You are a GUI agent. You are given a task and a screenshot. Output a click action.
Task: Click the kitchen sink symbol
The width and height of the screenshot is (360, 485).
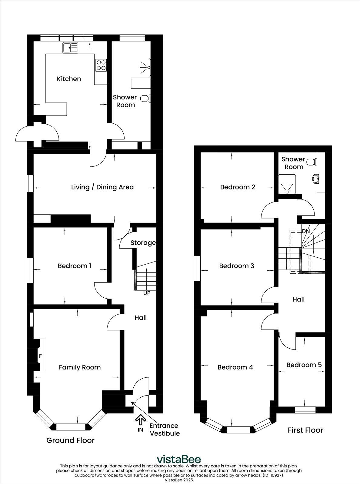[x=70, y=48]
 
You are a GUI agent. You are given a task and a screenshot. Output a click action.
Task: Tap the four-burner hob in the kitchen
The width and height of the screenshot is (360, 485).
[x=101, y=65]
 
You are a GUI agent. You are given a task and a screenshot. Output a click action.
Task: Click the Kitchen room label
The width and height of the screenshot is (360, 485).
[x=69, y=79]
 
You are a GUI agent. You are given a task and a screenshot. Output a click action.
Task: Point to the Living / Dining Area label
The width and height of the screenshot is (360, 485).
[x=102, y=187]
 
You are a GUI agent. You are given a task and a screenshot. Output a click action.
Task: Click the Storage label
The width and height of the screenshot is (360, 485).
[x=143, y=242]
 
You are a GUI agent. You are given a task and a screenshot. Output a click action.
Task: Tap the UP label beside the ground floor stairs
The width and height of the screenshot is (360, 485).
[x=147, y=293]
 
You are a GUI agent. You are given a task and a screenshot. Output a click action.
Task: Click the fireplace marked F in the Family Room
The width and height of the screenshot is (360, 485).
[x=41, y=355]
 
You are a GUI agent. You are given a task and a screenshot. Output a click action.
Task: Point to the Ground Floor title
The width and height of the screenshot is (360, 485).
[x=70, y=440]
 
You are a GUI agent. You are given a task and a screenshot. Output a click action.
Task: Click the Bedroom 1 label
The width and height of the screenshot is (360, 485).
[x=75, y=266]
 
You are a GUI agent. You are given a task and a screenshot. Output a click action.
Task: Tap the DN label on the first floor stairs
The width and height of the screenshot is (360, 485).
[x=306, y=231]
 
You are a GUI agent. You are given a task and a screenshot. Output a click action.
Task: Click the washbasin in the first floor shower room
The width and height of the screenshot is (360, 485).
[x=315, y=179]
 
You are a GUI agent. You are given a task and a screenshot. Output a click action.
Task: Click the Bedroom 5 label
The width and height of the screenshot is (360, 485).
[x=304, y=365]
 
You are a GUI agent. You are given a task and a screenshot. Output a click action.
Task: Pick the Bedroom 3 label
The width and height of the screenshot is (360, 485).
[x=237, y=266]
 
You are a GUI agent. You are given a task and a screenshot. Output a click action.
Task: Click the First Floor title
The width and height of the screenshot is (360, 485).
[x=305, y=430]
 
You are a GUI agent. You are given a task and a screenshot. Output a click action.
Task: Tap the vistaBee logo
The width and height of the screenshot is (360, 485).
[x=178, y=459]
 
